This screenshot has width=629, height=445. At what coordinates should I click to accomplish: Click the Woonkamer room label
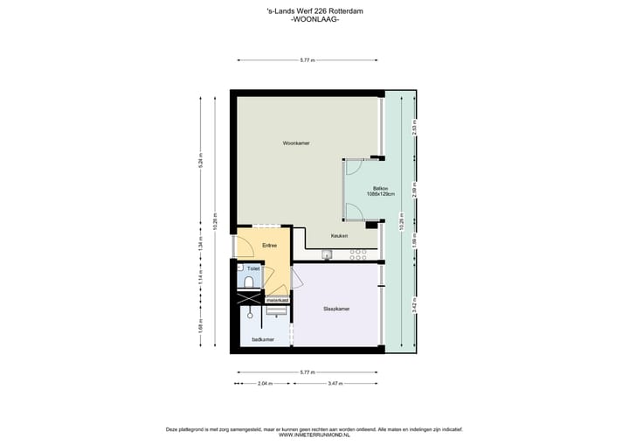(x=296, y=143)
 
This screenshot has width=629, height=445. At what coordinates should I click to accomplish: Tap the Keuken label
(x=340, y=236)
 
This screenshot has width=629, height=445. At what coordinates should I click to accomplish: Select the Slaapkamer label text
(x=336, y=309)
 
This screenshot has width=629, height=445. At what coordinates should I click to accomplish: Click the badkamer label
(x=263, y=339)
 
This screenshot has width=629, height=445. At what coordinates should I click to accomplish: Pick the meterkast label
(x=278, y=300)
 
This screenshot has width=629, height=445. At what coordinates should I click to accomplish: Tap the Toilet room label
(x=253, y=268)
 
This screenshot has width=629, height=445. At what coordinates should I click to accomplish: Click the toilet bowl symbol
(x=248, y=282)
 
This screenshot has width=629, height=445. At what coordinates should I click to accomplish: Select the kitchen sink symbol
(x=327, y=255)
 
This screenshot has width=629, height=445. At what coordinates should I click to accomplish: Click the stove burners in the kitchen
(x=358, y=255)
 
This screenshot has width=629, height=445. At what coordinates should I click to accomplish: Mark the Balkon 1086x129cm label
(x=381, y=191)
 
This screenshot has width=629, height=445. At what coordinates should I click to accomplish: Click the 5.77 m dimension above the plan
(x=308, y=60)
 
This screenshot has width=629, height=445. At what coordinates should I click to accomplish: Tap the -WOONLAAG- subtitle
(x=314, y=19)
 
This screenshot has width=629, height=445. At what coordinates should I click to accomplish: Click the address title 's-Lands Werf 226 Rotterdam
(x=314, y=10)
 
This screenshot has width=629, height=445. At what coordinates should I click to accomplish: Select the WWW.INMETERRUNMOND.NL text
(x=314, y=435)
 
